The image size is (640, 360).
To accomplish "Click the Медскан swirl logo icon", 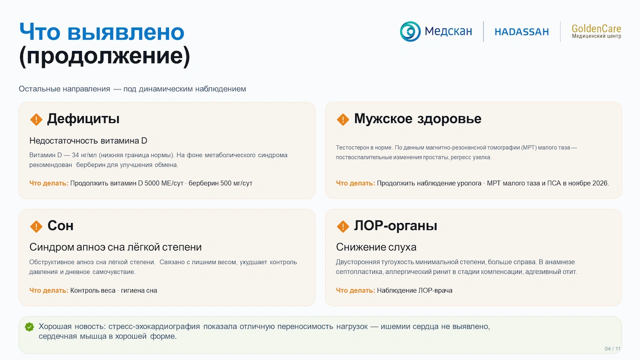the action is click(410, 31).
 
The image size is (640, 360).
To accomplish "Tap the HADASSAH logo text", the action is click(521, 31).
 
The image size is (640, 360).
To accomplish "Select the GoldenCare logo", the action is click(596, 31).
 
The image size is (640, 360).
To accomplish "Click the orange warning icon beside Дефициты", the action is click(36, 119).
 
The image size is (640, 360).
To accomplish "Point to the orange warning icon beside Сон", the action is click(36, 226).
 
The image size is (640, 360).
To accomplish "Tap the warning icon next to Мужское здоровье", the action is click(343, 119).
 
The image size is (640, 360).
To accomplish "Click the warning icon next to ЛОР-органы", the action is click(343, 226).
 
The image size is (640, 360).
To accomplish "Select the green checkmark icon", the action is click(29, 327).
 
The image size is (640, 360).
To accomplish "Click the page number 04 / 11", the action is click(612, 348).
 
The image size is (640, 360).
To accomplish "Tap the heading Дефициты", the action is click(83, 118).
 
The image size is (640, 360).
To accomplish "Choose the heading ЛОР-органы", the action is click(395, 225).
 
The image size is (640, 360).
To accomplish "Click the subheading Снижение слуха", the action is click(376, 247).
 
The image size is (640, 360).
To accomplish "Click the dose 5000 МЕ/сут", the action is click(163, 183).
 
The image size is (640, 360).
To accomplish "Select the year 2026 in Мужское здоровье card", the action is click(600, 183).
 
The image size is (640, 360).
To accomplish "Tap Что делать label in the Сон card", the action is click(48, 290).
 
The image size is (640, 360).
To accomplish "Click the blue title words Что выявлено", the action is click(101, 31).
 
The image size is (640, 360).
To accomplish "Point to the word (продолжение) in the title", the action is click(104, 55).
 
